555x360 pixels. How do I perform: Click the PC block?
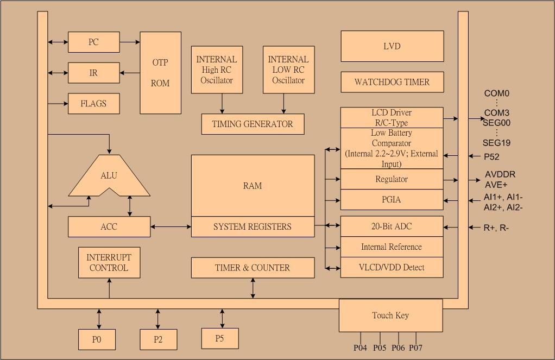click(x=93, y=42)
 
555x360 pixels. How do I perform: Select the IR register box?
click(x=93, y=73)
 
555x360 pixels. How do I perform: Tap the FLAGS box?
click(x=93, y=103)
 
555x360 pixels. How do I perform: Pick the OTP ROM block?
click(x=160, y=73)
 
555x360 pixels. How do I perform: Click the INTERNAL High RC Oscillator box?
click(x=217, y=70)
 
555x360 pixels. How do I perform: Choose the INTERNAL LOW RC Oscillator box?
click(x=288, y=70)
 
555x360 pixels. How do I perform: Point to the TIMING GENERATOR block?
click(x=253, y=124)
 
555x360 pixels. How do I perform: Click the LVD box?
click(x=392, y=46)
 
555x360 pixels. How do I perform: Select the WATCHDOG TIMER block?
click(x=392, y=82)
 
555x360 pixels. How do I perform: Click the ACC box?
click(x=109, y=226)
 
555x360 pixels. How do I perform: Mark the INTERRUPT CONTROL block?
click(x=109, y=263)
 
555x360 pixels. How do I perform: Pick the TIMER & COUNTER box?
click(x=253, y=268)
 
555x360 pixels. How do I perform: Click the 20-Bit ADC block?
click(x=392, y=226)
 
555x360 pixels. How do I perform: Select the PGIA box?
click(x=392, y=200)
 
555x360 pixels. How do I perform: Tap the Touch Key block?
click(x=390, y=315)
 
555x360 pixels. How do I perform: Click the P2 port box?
click(x=157, y=339)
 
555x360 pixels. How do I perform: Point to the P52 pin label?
click(x=492, y=157)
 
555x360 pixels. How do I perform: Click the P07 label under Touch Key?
click(x=416, y=348)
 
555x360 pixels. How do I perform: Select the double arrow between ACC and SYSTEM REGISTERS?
click(x=171, y=226)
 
